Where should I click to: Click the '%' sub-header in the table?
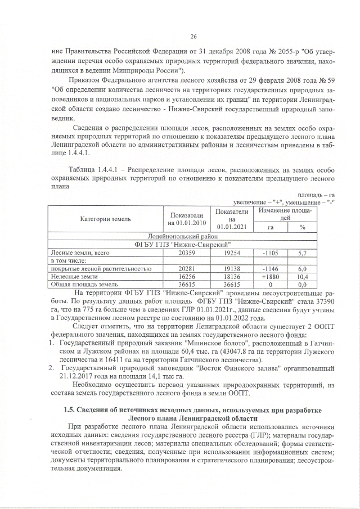point(302,227)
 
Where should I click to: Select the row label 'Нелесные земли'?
point(73,277)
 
